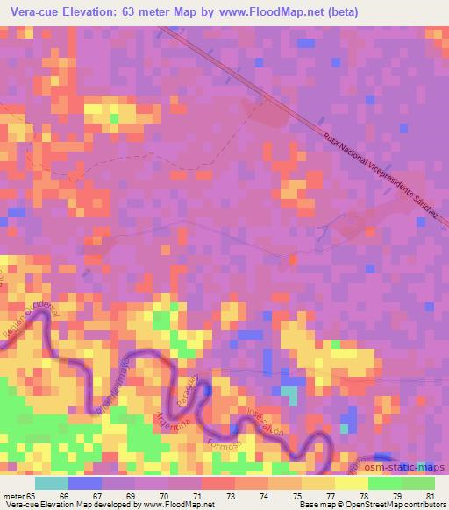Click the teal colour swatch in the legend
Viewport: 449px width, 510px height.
(x=52, y=483)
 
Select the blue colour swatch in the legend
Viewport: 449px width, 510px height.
(x=85, y=483)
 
